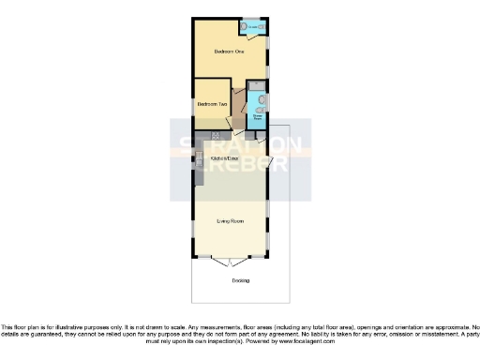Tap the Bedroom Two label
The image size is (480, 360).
click(213, 104)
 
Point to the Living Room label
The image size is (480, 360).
click(231, 221)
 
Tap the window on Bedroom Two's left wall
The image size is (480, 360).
click(194, 105)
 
